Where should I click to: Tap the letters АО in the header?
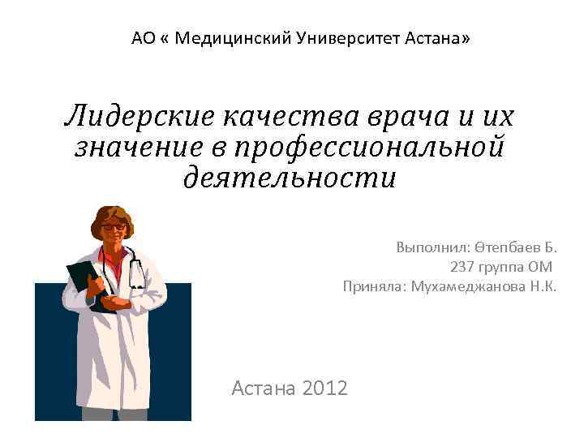tap(142, 37)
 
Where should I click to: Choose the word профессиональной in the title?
tap(369, 147)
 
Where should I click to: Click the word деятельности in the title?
tap(290, 176)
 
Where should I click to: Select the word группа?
tap(502, 267)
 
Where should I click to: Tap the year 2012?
tap(324, 389)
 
